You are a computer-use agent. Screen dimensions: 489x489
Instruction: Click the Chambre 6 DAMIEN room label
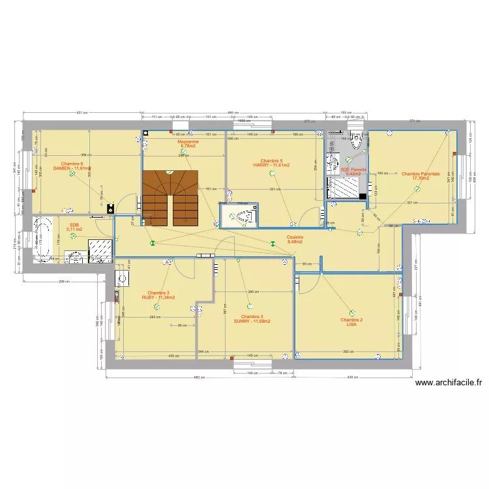coord(72,166)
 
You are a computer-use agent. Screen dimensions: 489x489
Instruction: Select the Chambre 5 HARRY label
coord(271,163)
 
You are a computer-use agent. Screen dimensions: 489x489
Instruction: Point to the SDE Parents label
coord(353,171)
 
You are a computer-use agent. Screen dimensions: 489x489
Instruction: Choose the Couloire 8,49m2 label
coord(295,239)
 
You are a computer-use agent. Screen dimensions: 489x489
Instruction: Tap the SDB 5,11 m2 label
coord(74,228)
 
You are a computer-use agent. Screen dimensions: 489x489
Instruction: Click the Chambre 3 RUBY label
coord(158,295)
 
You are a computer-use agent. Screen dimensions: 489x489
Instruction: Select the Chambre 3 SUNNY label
coord(252,319)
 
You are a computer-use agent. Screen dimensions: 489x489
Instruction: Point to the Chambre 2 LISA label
coord(351,322)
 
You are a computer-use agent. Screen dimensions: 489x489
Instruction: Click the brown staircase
coord(170,198)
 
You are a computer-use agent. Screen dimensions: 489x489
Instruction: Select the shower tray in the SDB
coord(100,249)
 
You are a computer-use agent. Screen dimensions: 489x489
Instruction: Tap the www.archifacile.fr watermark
coord(447,383)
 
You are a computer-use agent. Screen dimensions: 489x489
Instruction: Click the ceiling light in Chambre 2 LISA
coord(353,312)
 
